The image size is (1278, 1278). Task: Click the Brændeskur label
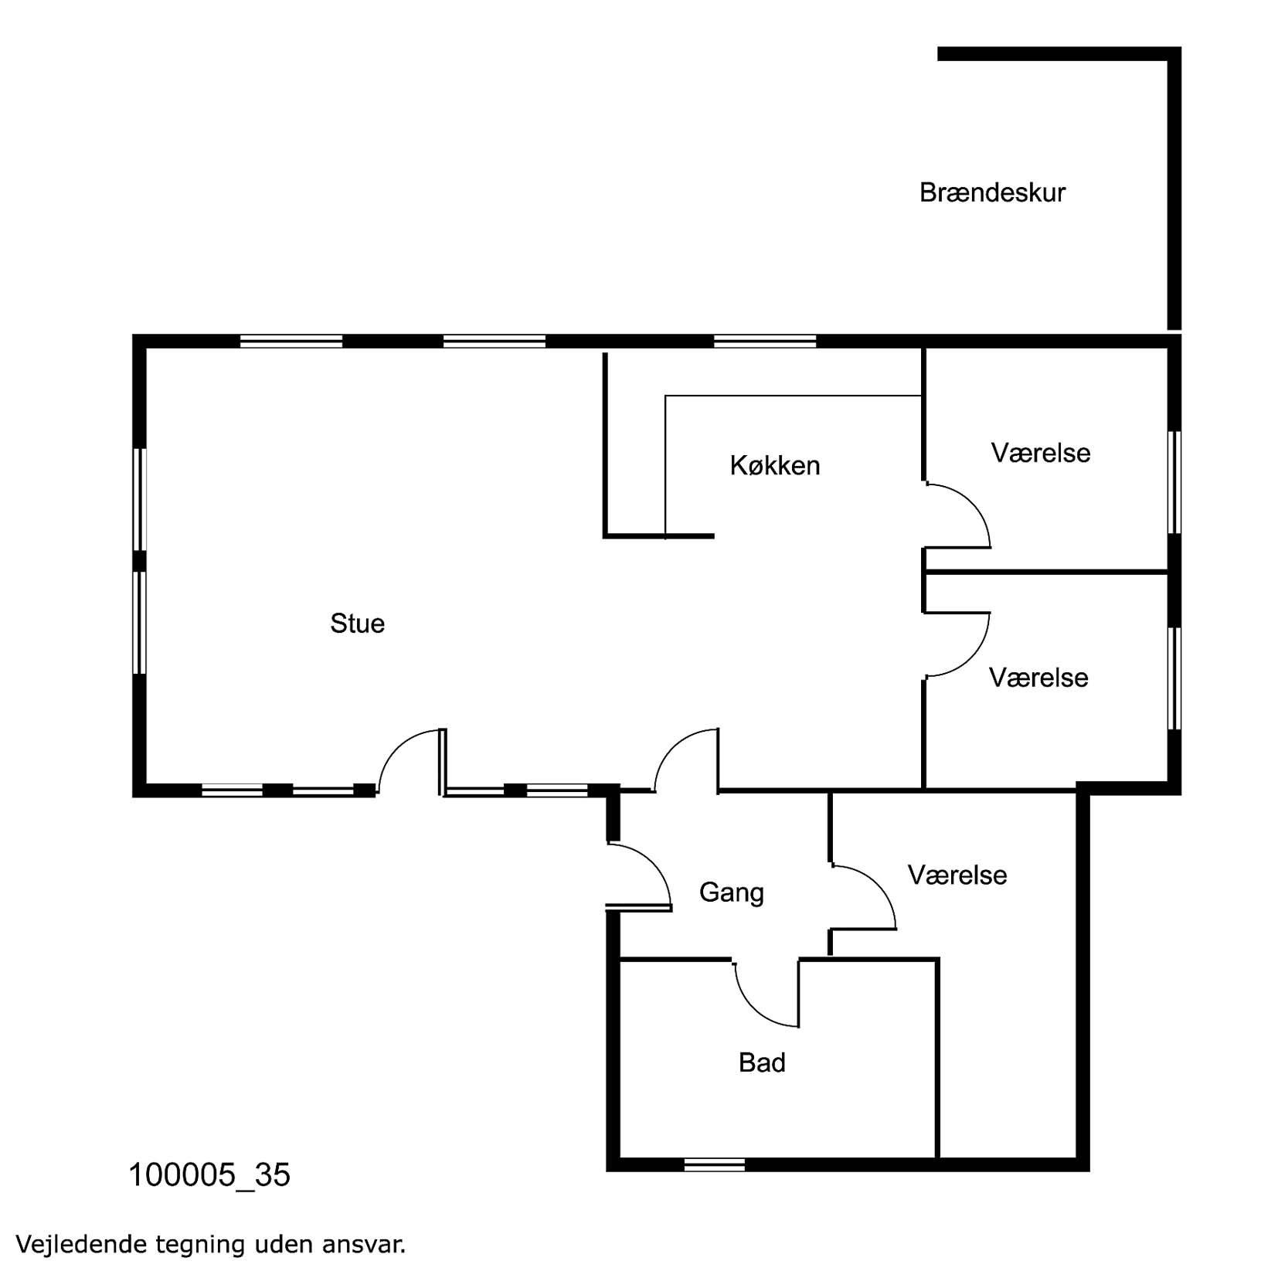(991, 192)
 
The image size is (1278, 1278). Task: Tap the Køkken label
(774, 465)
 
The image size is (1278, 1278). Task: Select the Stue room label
(357, 624)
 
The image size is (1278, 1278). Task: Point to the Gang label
(731, 893)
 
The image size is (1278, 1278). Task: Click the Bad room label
(762, 1062)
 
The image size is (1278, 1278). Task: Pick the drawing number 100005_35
(209, 1175)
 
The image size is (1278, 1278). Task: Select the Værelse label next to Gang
(957, 875)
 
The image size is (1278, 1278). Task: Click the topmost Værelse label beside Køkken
(1041, 453)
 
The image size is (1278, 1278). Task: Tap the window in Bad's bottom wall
(715, 1164)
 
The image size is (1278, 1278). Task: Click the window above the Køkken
(765, 341)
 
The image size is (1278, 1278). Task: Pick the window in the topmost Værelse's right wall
(1174, 482)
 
